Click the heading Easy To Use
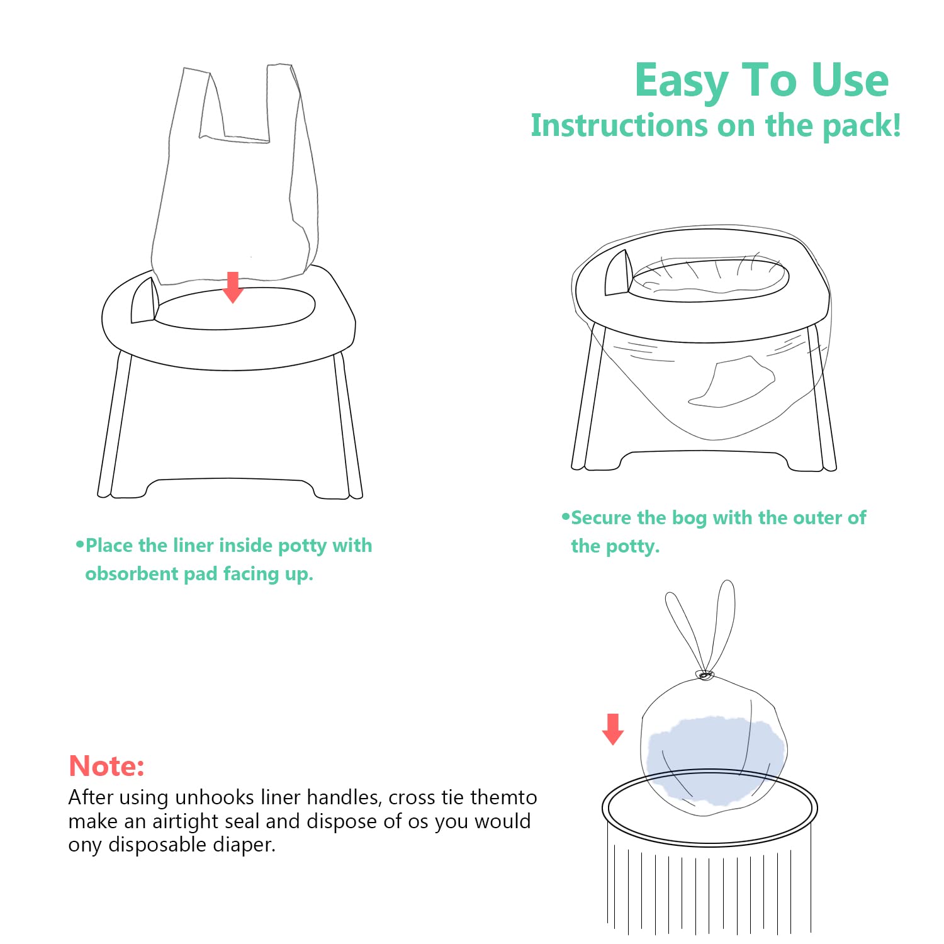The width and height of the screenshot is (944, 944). tap(761, 81)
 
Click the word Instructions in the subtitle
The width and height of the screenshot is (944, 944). tap(619, 125)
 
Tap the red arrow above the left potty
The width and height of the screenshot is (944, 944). tap(233, 287)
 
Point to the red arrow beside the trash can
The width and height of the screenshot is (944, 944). tap(613, 729)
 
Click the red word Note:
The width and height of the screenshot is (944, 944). tap(106, 766)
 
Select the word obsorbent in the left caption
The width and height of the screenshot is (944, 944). tap(131, 573)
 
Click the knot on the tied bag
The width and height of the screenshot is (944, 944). tap(704, 676)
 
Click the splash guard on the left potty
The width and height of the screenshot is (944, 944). tap(145, 300)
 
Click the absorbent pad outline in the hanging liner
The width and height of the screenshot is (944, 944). tap(731, 381)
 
